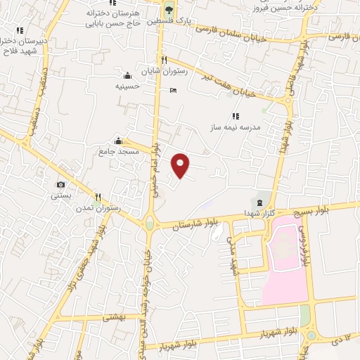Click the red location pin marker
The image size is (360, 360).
coord(181,165)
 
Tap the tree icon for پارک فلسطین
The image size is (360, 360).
coord(168,9)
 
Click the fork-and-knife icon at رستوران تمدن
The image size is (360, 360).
coord(98,197)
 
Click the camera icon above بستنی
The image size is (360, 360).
coord(60,184)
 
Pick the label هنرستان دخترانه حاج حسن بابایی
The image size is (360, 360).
coord(112,18)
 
